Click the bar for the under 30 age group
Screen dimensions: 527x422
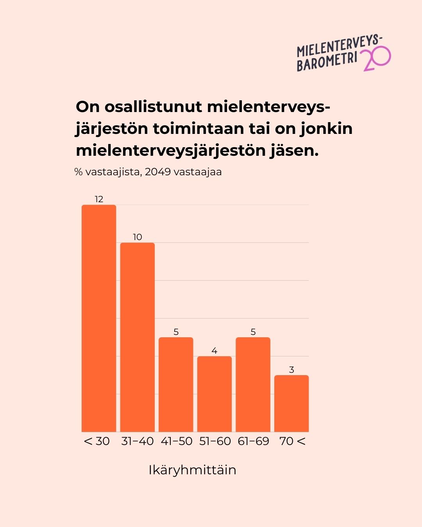pos(99,318)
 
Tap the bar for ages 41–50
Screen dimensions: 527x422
pos(176,385)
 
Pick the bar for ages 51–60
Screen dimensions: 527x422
pos(215,394)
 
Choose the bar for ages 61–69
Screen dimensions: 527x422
pos(253,385)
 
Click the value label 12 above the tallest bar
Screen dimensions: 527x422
pos(99,199)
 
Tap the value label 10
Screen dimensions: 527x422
pos(138,237)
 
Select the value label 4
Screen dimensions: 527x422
pos(215,351)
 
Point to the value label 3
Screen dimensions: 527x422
pos(291,370)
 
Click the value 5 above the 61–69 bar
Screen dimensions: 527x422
pos(253,332)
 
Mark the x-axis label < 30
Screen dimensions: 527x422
pos(97,441)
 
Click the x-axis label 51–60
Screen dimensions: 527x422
pos(215,441)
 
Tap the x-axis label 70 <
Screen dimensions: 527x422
pos(292,441)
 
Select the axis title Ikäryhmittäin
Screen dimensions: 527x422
pos(192,470)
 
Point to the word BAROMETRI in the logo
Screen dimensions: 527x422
pos(327,62)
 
